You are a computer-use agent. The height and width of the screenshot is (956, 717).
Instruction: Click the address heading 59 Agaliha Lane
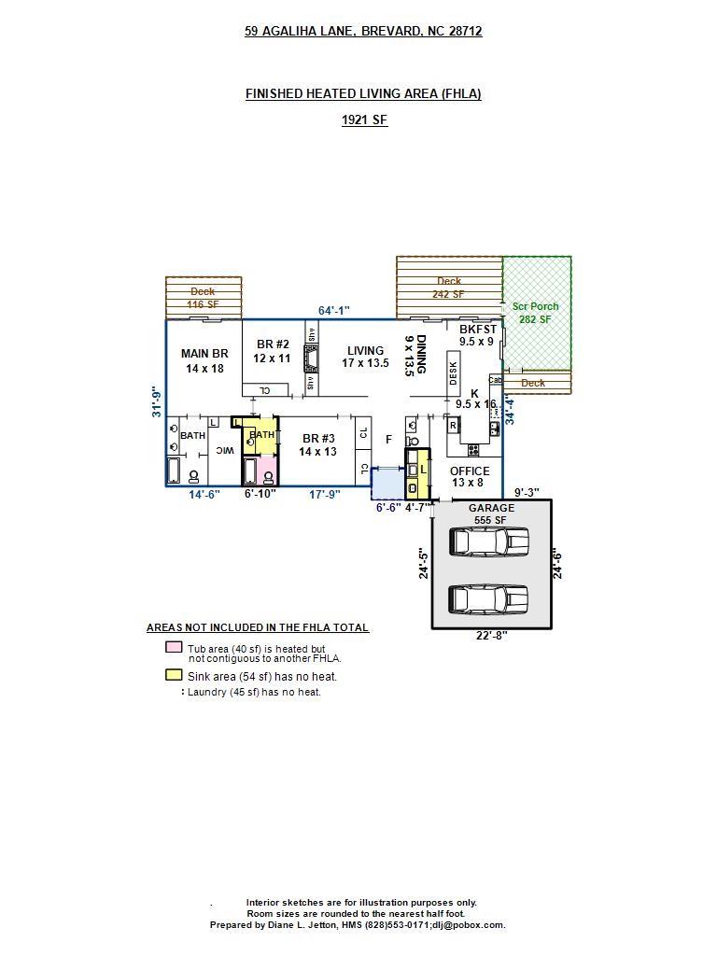point(363,31)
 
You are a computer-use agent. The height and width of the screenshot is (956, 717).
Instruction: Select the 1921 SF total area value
point(363,119)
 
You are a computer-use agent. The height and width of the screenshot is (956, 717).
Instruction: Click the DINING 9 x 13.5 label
point(415,356)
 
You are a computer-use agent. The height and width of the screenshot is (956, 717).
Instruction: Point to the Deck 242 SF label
point(448,288)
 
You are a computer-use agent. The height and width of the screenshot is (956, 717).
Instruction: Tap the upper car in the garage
point(488,541)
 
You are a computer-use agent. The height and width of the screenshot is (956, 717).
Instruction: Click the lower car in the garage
point(488,598)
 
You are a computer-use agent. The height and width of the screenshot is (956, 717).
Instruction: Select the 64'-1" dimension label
point(333,310)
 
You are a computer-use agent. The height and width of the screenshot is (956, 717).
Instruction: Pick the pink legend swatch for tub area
point(174,648)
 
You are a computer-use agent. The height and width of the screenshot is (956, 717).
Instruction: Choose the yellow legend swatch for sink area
point(174,675)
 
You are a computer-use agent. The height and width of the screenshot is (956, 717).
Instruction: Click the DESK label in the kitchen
point(453,373)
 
